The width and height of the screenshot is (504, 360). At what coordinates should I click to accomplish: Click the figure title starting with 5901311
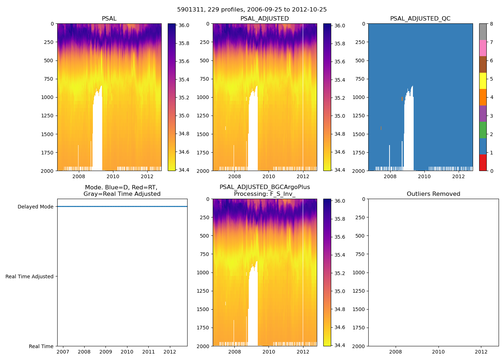(x=252, y=10)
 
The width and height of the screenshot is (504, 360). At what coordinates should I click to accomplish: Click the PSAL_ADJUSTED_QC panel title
(x=420, y=19)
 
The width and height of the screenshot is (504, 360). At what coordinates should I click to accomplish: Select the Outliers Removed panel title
(x=433, y=194)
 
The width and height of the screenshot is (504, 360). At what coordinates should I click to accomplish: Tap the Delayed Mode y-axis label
(x=35, y=207)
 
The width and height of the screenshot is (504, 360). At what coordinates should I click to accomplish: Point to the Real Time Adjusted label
(x=29, y=276)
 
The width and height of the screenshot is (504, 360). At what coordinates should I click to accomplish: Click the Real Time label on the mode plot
(x=41, y=346)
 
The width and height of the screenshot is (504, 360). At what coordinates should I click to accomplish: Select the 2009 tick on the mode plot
(x=105, y=352)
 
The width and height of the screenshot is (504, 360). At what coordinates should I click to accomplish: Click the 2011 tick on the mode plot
(x=148, y=352)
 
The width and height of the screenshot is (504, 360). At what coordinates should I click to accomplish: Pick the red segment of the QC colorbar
(x=483, y=162)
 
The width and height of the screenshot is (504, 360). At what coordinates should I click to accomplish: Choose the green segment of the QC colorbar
(x=483, y=130)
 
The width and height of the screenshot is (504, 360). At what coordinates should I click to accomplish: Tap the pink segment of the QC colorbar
(x=483, y=48)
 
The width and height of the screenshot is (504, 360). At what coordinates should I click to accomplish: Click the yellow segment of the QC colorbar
(x=483, y=81)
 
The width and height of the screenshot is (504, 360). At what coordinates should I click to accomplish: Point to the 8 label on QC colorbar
(x=491, y=24)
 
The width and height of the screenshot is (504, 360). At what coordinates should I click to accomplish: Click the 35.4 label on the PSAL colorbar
(x=184, y=80)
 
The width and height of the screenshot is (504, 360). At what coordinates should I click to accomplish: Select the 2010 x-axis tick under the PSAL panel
(x=113, y=176)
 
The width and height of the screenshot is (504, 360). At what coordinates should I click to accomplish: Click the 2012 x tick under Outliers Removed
(x=481, y=352)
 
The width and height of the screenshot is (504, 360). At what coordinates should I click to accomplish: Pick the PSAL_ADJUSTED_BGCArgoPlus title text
(x=265, y=187)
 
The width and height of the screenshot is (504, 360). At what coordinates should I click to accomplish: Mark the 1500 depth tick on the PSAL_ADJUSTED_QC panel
(x=360, y=134)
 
